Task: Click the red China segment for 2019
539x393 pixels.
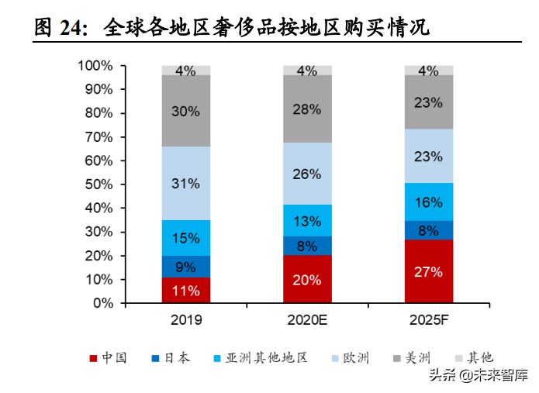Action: (186, 291)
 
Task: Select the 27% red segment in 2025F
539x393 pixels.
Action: (428, 271)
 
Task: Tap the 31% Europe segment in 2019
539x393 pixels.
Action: (186, 184)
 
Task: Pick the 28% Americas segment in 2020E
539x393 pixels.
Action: (307, 109)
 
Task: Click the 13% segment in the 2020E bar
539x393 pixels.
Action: (307, 221)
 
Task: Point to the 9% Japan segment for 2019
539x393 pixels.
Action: (186, 267)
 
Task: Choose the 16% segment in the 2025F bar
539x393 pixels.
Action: (428, 202)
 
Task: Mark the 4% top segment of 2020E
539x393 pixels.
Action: (307, 71)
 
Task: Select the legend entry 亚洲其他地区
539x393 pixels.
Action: (260, 357)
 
